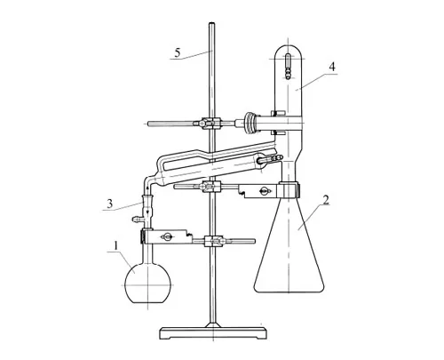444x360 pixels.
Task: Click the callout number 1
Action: click(116, 245)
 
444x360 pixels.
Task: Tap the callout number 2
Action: click(326, 200)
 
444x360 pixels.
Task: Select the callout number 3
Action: click(110, 204)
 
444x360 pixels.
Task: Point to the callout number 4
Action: click(332, 67)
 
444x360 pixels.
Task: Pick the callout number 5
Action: click(178, 52)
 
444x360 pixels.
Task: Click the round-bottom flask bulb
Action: click(147, 284)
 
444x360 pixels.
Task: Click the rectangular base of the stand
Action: click(213, 333)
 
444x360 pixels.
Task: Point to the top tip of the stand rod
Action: click(211, 23)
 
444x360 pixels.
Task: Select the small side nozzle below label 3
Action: click(137, 220)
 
